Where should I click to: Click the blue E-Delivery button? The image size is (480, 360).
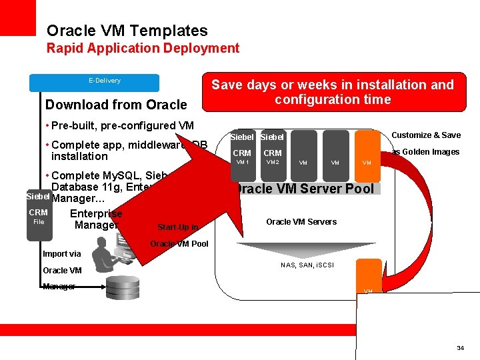[95, 82]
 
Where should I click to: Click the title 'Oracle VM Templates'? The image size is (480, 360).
[127, 31]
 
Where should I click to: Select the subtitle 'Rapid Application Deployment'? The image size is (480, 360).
[143, 48]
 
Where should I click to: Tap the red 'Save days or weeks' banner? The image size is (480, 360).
[332, 92]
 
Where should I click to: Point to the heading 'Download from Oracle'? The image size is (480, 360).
[116, 105]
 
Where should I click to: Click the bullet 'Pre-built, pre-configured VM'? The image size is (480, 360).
[121, 125]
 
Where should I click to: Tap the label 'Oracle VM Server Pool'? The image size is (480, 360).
[307, 188]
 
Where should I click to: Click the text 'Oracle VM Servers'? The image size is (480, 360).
[301, 221]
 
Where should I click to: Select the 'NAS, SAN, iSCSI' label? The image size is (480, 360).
[307, 265]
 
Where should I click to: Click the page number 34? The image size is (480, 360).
[460, 348]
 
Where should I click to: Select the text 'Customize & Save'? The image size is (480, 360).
[425, 135]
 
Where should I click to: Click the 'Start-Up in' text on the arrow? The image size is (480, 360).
[177, 227]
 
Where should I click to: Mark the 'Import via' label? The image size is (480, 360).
[61, 253]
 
